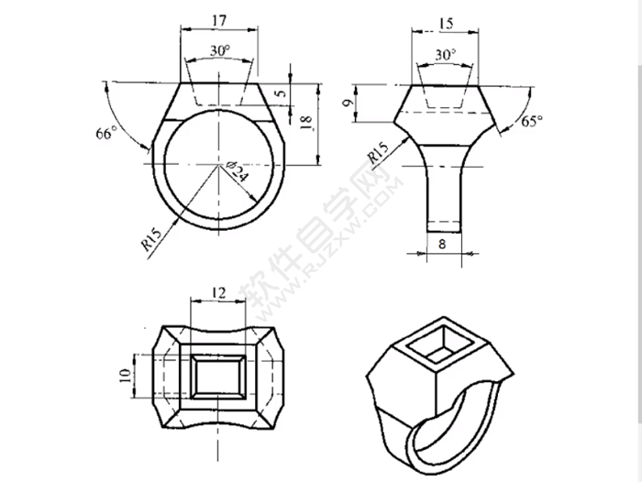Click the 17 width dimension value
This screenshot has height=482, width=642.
click(x=219, y=18)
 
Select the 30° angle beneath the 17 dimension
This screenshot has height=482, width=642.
click(x=220, y=51)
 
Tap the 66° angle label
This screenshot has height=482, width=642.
click(x=107, y=133)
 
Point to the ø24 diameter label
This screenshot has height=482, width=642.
click(x=236, y=171)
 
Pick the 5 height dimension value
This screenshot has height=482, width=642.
click(x=282, y=92)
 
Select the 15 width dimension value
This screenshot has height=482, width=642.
click(x=446, y=21)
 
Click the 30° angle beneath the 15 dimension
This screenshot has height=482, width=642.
click(x=446, y=55)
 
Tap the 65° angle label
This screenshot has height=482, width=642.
click(x=532, y=120)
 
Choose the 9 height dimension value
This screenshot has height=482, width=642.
click(x=347, y=104)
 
